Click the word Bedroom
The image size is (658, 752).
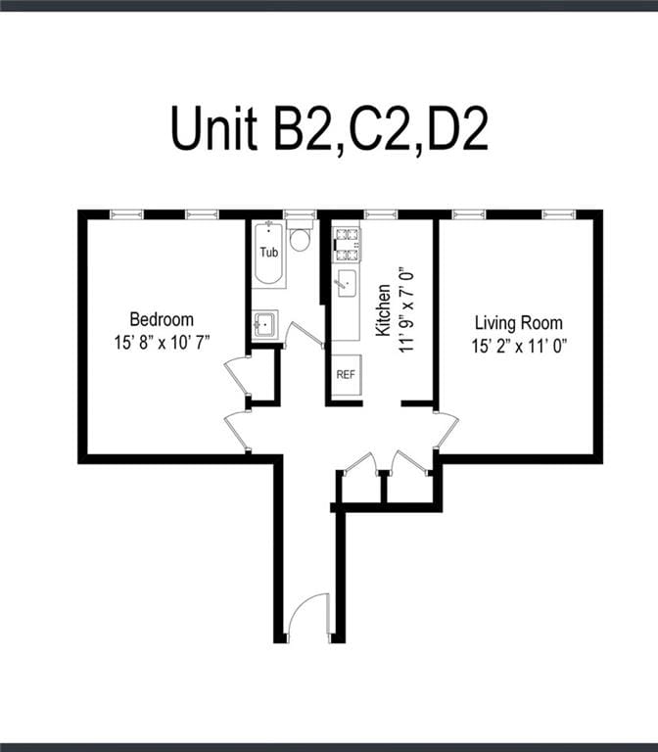162,319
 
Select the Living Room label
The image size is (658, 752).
518,322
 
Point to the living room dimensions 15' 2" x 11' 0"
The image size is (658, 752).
518,345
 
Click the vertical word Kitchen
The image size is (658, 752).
384,310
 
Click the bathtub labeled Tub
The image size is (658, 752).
268,254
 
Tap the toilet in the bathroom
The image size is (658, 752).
301,239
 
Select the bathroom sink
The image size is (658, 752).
264,323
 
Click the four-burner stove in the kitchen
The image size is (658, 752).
346,244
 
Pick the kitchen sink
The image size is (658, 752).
347,284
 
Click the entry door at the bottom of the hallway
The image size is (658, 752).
309,619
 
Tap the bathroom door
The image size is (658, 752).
303,336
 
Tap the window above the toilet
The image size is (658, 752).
300,213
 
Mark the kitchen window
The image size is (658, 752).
380,213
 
